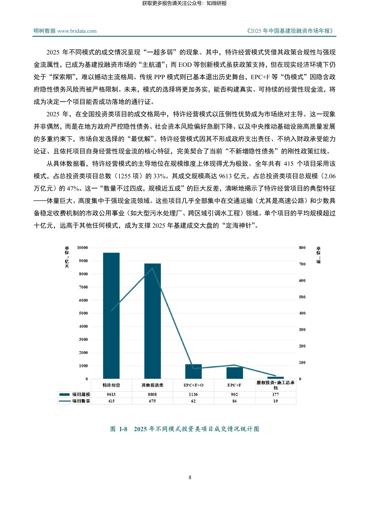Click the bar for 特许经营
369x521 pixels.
click(x=111, y=316)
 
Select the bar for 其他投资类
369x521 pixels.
click(x=152, y=321)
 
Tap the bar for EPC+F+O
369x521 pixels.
click(x=193, y=372)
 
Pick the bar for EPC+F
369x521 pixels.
click(x=234, y=373)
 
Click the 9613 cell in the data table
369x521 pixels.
click(x=111, y=394)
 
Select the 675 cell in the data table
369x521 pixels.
click(x=152, y=401)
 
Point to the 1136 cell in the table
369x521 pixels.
click(x=193, y=394)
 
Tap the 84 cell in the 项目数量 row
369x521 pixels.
click(x=234, y=401)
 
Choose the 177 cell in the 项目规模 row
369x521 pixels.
click(x=275, y=394)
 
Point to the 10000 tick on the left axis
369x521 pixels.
click(x=82, y=248)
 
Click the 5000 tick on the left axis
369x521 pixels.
click(x=83, y=313)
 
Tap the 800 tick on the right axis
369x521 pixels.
click(x=302, y=248)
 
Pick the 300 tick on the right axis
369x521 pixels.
click(x=302, y=330)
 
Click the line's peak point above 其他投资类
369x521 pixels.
click(x=152, y=268)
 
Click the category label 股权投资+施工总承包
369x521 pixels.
click(x=275, y=385)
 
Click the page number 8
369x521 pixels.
click(x=190, y=477)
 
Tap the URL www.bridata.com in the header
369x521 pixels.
click(x=77, y=31)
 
